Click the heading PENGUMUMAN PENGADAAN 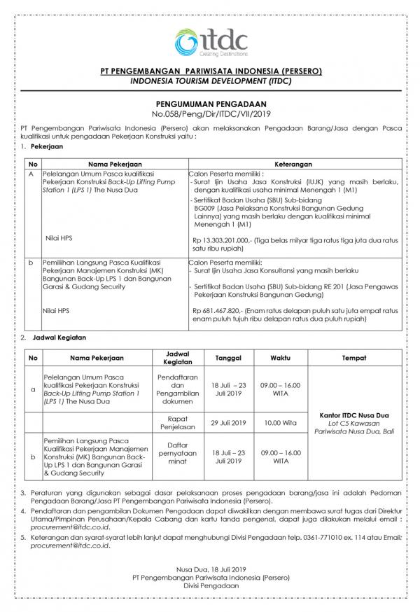(210, 102)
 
